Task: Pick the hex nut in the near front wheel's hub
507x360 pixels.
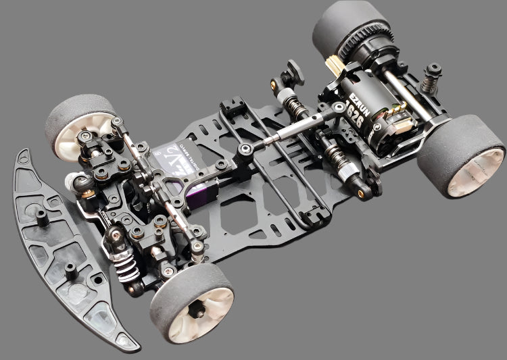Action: point(197,310)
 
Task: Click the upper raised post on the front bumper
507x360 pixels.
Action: point(41,215)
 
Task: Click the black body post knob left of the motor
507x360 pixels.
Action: point(293,71)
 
